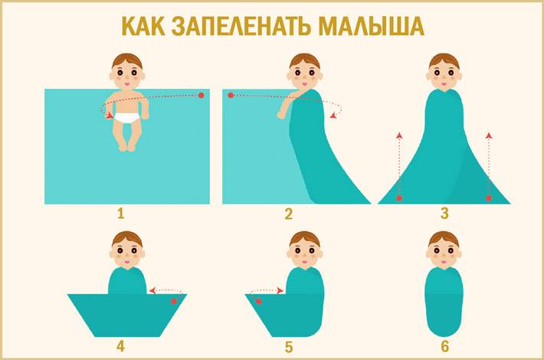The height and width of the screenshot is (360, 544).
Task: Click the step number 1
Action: pos(120,214)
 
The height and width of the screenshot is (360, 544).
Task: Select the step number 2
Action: pos(289,214)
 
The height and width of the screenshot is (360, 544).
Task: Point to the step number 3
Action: pos(444,214)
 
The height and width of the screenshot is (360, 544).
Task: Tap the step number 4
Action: pos(120,345)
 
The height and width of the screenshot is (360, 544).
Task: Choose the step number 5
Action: pos(289,346)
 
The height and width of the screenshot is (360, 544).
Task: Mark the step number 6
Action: pos(444,346)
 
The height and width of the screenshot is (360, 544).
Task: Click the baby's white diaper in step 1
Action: pos(127,118)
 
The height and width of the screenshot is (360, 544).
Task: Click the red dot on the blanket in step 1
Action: pos(202,95)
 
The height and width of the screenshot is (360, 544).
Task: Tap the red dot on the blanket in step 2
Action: pos(231,95)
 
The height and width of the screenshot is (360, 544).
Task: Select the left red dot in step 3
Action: pos(399,198)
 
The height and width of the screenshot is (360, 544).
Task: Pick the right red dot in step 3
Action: pos(489,198)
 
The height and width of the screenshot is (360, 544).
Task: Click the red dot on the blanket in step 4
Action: pos(174,301)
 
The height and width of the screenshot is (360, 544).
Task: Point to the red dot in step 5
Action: pos(258,302)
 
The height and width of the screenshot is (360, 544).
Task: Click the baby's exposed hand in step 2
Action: pos(282,114)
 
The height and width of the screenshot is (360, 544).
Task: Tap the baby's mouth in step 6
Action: pos(444,260)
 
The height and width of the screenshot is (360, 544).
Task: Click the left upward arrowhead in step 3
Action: pos(399,136)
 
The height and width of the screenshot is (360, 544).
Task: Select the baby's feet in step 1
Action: pos(126,147)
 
